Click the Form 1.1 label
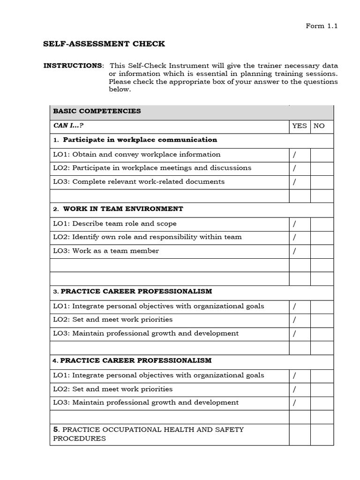click(x=322, y=26)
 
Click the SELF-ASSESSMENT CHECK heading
click(x=104, y=44)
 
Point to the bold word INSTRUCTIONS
click(x=73, y=66)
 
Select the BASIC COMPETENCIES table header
click(x=97, y=112)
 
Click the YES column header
click(x=300, y=126)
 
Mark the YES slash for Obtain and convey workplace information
click(x=295, y=155)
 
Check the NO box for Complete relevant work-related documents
click(x=322, y=182)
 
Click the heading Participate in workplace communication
click(x=140, y=140)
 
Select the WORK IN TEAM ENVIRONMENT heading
click(x=123, y=209)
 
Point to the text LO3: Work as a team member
click(x=106, y=251)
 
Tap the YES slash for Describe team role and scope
click(x=295, y=224)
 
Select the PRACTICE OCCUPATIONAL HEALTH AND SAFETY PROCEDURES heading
click(x=148, y=434)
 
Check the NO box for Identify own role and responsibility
click(x=322, y=237)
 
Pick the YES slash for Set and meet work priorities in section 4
click(x=295, y=389)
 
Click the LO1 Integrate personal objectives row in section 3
click(x=158, y=306)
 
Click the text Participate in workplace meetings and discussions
click(x=162, y=168)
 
